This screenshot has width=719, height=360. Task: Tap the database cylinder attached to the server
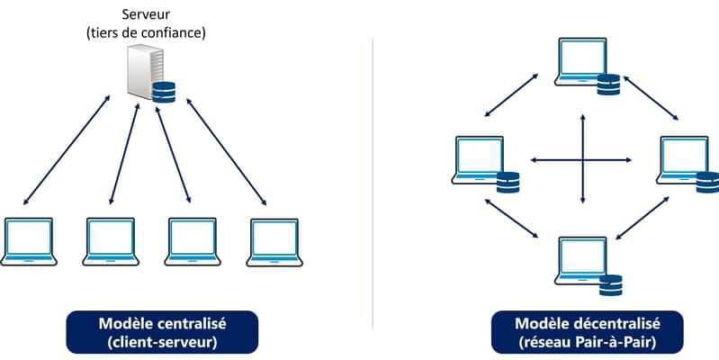coord(164,93)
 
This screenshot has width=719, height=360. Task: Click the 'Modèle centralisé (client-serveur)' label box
coord(162,331)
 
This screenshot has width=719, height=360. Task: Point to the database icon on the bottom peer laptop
coord(610,284)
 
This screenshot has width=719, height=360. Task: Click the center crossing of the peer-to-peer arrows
coord(583,160)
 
